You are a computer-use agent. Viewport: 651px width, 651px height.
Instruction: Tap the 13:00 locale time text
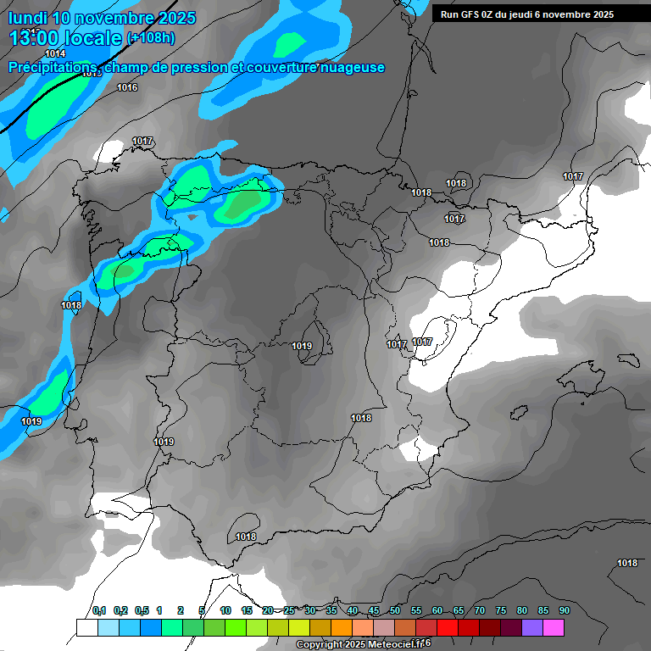coord(64,38)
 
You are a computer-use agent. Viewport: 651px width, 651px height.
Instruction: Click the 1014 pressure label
coord(55,53)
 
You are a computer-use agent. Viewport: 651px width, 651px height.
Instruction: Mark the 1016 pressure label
coord(127,87)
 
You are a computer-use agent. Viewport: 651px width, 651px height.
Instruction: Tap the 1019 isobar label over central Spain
coord(302,346)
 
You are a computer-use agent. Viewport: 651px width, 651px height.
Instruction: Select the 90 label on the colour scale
coord(564,610)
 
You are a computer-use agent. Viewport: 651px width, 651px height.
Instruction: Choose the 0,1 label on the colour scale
coord(99,610)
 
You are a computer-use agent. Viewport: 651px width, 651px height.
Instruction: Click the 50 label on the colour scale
coord(395,610)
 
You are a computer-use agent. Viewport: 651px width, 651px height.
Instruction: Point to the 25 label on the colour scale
coord(289,610)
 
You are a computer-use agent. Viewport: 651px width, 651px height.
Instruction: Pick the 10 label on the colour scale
coord(225,610)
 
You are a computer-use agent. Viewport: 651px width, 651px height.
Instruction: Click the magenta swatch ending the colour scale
coord(554,627)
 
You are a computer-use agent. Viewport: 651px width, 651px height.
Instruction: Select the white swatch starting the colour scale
coord(86,627)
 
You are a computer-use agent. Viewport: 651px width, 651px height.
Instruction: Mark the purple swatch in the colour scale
coord(532,627)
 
